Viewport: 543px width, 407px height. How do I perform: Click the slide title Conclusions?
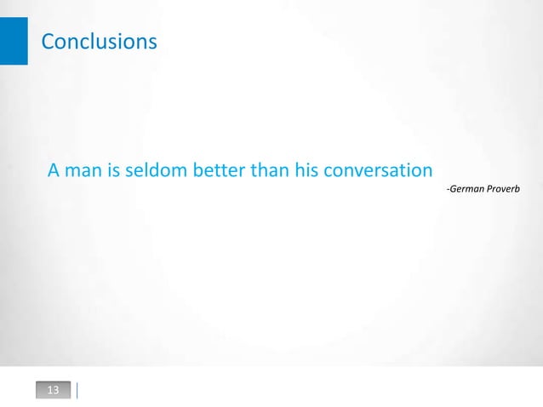click(x=99, y=41)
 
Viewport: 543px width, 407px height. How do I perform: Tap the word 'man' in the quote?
click(x=83, y=171)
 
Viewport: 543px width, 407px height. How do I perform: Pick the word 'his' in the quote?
click(x=306, y=171)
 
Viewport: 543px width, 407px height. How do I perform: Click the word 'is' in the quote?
click(x=114, y=171)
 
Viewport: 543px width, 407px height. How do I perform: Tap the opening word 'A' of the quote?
click(x=54, y=171)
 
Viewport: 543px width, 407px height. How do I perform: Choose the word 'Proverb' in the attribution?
click(x=504, y=186)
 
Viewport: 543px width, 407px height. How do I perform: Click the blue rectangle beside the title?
click(x=14, y=40)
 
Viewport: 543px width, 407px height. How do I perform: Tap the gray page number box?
click(x=53, y=391)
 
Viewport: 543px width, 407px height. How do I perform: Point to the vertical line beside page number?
click(x=77, y=391)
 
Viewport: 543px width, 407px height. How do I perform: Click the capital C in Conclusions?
click(x=48, y=41)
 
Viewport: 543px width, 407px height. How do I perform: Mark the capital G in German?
click(x=452, y=186)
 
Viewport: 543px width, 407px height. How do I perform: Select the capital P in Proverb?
click(x=489, y=186)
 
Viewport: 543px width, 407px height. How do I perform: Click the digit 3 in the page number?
click(x=56, y=391)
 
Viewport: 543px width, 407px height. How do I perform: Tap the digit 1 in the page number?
click(x=49, y=391)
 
